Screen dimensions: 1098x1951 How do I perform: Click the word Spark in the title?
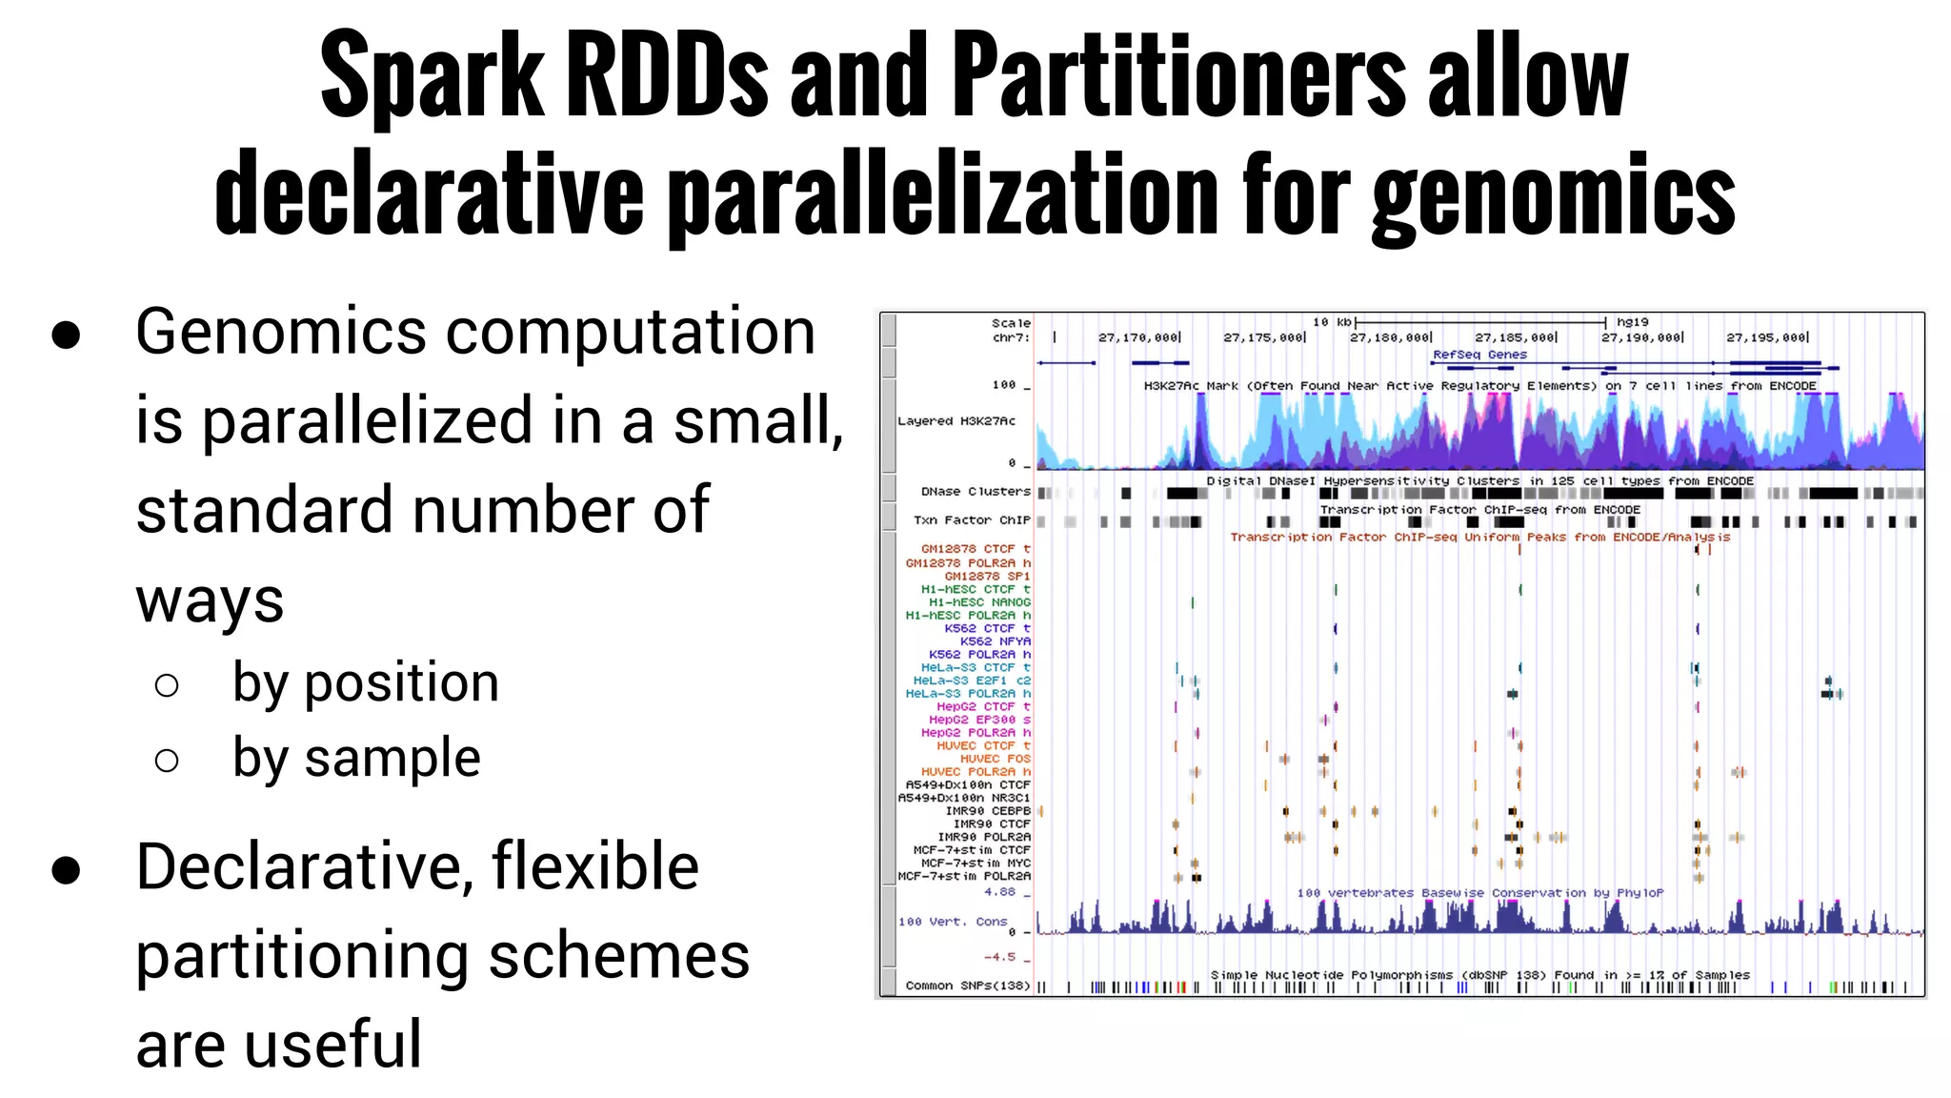[431, 76]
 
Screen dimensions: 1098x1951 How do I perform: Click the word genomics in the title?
[1553, 195]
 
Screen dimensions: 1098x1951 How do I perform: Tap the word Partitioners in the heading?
[1178, 76]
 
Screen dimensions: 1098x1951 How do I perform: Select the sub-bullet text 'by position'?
[366, 682]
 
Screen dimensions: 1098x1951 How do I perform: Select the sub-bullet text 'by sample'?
[356, 758]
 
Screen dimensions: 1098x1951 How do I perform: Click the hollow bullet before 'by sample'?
[167, 760]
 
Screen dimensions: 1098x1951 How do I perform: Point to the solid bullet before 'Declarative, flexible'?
[66, 869]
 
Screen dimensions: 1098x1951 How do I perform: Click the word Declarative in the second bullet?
[303, 867]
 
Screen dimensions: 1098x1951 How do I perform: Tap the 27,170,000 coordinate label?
[1138, 337]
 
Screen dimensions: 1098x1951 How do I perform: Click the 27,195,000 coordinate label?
[1766, 337]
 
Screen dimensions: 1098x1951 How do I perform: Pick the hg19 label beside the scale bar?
[1632, 322]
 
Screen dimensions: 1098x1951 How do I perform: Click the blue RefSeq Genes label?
[1479, 355]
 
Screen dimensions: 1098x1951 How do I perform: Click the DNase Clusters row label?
[975, 492]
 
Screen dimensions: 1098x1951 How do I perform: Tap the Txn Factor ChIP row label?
[972, 520]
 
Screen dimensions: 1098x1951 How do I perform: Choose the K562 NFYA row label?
[995, 641]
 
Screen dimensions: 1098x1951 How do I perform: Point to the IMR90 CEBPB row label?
[988, 811]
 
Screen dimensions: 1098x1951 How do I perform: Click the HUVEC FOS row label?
[995, 759]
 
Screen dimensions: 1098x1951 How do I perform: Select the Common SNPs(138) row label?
[967, 986]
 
